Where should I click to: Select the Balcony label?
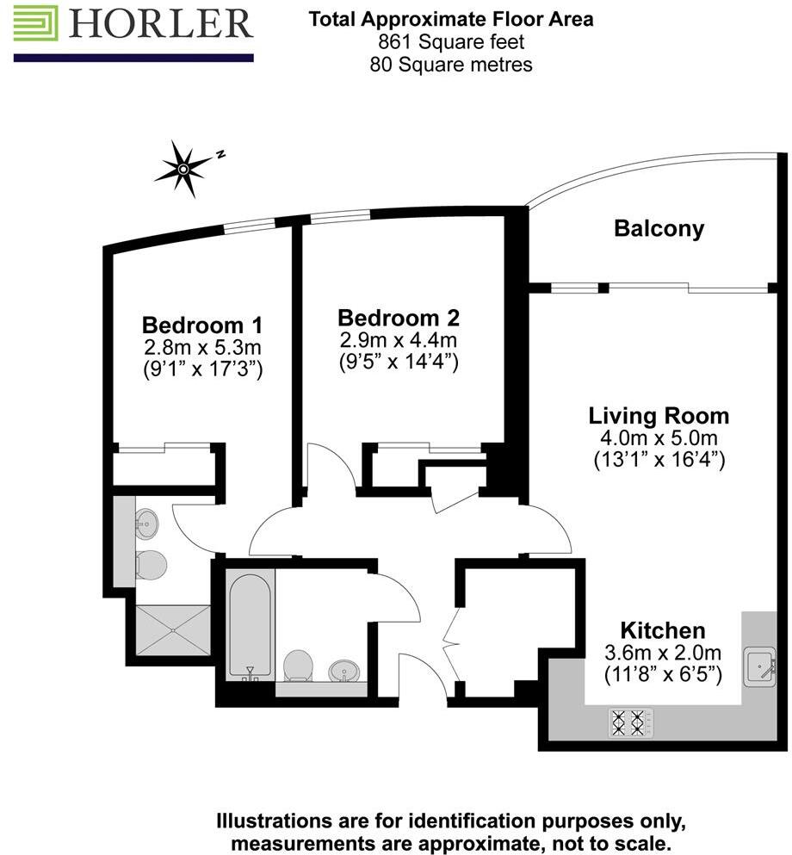tap(659, 229)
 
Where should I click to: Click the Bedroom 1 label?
tap(201, 325)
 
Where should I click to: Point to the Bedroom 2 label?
tap(397, 317)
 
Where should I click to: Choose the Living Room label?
tap(659, 416)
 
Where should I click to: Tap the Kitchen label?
tap(663, 630)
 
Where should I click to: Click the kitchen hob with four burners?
tap(627, 722)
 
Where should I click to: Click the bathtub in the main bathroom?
tap(251, 624)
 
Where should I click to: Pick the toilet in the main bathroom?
tap(298, 665)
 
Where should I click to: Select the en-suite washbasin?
tap(145, 520)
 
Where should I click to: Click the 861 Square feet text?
tap(450, 41)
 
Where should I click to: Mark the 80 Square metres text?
tap(450, 64)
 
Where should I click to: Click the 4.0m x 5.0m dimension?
tap(659, 438)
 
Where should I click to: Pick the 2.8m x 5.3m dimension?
tap(201, 348)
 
